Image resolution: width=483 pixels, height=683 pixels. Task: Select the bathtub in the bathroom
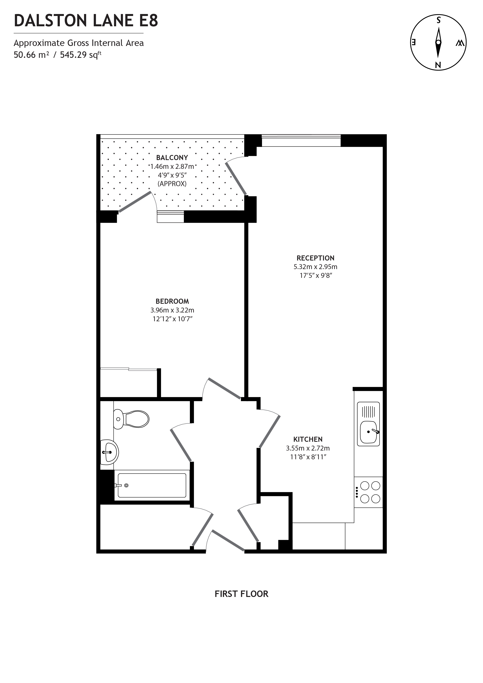152,485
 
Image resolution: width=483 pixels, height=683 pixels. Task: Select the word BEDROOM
172,301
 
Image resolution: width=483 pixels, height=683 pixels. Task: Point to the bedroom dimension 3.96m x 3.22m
172,310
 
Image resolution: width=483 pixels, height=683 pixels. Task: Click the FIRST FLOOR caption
241,594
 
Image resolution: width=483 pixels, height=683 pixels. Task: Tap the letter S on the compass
438,20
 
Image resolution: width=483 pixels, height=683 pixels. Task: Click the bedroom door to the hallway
224,388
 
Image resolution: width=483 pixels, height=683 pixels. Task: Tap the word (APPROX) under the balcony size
172,184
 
